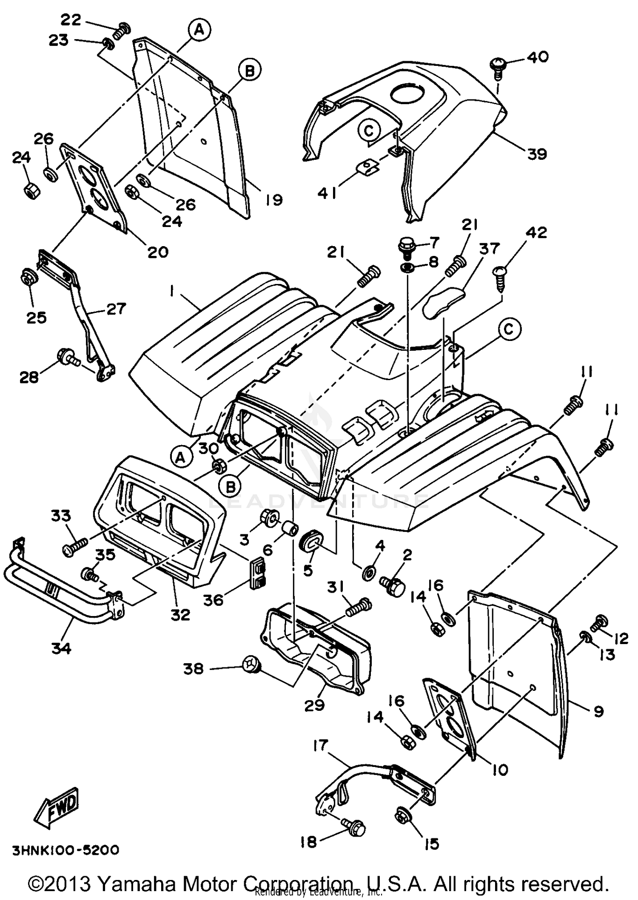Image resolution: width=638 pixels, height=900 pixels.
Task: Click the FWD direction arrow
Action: click(57, 808)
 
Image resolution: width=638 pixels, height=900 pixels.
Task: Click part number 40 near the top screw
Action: click(538, 57)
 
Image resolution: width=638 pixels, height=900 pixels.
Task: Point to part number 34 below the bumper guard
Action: click(61, 648)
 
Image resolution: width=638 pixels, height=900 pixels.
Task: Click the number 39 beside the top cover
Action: click(537, 154)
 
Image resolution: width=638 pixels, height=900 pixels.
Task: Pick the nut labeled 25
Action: click(29, 277)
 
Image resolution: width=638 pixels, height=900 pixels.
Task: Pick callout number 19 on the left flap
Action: click(274, 199)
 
